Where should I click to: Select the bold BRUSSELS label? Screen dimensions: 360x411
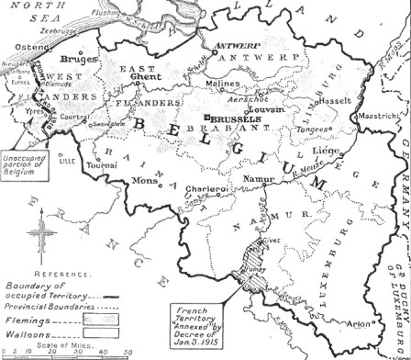[x=235, y=119]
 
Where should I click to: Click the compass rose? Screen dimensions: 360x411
[x=40, y=237]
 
